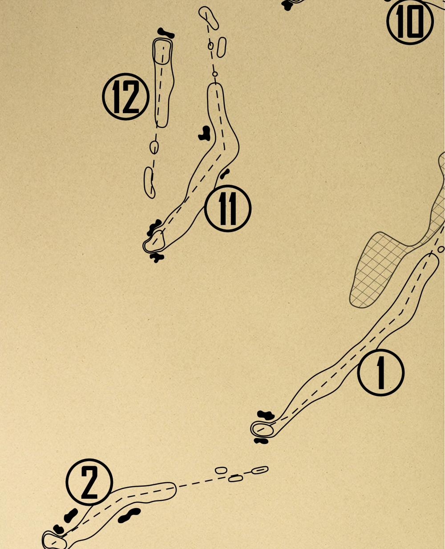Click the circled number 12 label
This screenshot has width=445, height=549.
(x=125, y=97)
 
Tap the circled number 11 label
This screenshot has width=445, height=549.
(x=228, y=208)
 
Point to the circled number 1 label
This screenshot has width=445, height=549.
(x=381, y=373)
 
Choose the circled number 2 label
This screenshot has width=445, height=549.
(x=89, y=482)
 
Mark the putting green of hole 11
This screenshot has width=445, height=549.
(x=154, y=242)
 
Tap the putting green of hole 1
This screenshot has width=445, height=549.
(x=262, y=428)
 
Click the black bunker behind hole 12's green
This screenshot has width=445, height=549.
(x=166, y=33)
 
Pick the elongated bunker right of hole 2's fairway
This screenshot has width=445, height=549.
(x=129, y=515)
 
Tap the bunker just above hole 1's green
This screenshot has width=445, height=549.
(x=266, y=415)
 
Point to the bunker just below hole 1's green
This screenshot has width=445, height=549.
(x=261, y=441)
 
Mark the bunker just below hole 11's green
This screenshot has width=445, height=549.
(x=156, y=257)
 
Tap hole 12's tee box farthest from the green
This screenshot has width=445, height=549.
(x=149, y=182)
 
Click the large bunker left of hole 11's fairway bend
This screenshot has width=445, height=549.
(x=205, y=133)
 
